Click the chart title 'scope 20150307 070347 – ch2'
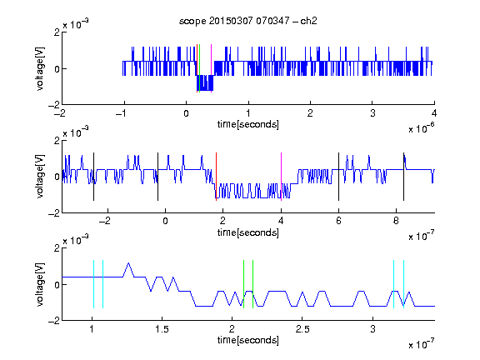click(248, 21)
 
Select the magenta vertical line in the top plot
click(211, 68)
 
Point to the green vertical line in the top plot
click(200, 68)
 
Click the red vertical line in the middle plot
click(216, 177)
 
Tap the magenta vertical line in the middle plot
click(282, 177)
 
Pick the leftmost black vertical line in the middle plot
click(93, 177)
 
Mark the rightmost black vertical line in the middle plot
click(404, 177)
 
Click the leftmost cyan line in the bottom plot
click(93, 284)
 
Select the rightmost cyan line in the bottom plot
click(404, 284)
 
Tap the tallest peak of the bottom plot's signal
click(128, 263)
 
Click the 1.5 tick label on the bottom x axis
click(162, 329)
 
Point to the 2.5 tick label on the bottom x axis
click(302, 329)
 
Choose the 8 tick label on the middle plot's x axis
click(396, 221)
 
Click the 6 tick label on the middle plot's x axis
click(338, 221)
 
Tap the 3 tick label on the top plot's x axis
click(372, 113)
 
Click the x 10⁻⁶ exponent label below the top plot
click(421, 128)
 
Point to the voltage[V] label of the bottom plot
click(40, 284)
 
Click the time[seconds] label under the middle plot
click(248, 233)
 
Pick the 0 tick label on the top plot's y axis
click(57, 69)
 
